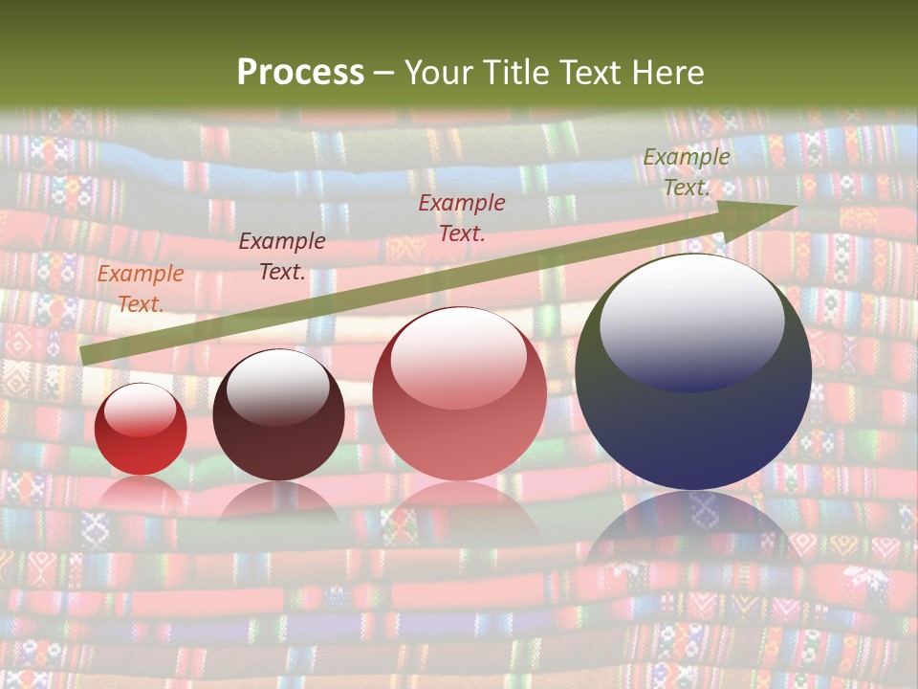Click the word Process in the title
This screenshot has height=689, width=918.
(x=300, y=73)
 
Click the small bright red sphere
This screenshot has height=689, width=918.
(x=141, y=430)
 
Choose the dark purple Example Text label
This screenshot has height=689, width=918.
(x=281, y=256)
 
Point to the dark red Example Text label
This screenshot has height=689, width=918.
(x=462, y=217)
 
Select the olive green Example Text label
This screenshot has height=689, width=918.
(x=686, y=172)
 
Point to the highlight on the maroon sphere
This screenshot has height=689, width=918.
(x=277, y=386)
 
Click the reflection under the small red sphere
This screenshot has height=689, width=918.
(x=141, y=492)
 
